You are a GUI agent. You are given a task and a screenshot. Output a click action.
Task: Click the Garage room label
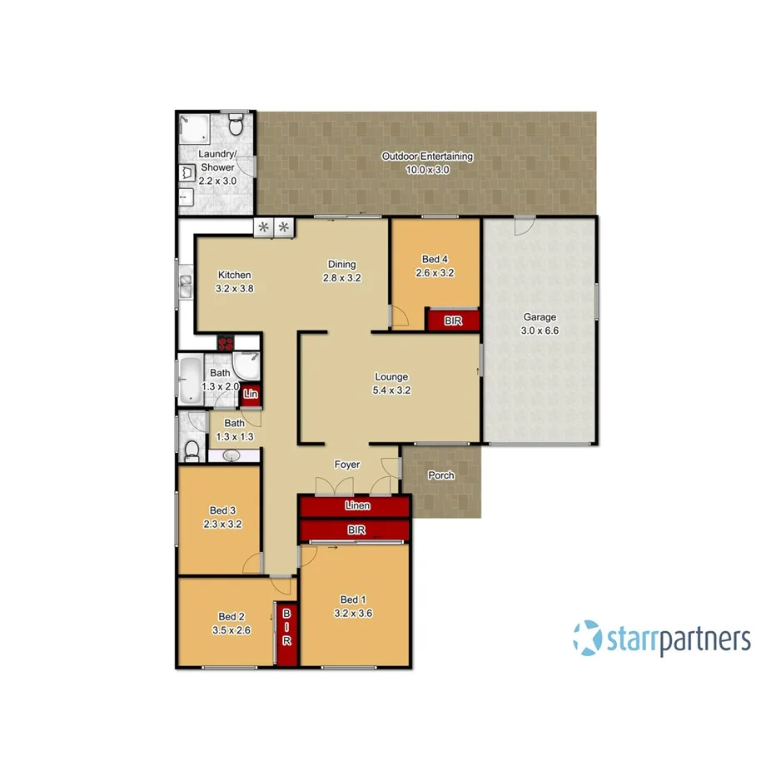click(x=540, y=317)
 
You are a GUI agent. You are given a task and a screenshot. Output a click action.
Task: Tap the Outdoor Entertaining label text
click(x=427, y=157)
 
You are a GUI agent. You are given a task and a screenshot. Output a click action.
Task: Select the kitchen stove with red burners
click(x=226, y=341)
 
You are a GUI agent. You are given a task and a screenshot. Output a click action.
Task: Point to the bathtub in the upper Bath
click(x=190, y=380)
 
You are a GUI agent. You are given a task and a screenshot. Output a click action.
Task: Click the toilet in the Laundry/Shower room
click(x=236, y=127)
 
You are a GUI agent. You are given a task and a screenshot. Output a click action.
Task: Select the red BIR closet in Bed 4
click(x=453, y=321)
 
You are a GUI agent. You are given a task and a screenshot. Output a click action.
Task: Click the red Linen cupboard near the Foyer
click(x=355, y=506)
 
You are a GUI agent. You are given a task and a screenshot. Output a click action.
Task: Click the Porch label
click(x=440, y=476)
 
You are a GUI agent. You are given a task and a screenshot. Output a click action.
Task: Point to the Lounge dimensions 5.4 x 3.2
click(x=390, y=390)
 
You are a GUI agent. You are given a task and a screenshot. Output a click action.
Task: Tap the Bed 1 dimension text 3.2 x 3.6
click(x=351, y=613)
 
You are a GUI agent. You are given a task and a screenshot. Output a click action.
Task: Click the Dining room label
click(x=341, y=266)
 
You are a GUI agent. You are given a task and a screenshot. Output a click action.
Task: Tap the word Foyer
click(x=347, y=465)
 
